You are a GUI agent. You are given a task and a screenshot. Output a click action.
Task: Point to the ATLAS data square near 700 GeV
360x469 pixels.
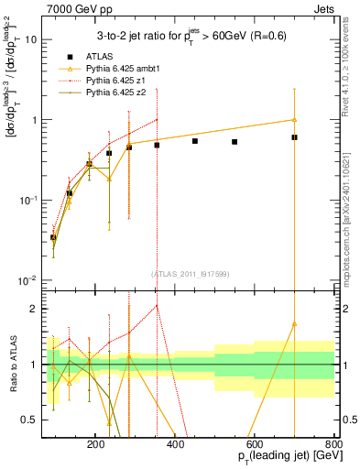[x=294, y=137]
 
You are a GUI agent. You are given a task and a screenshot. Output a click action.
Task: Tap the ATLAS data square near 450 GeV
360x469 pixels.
[x=195, y=141]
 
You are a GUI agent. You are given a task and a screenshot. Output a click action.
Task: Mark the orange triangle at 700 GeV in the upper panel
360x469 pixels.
[x=294, y=119]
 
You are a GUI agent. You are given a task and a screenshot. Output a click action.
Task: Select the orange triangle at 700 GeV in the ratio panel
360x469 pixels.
[x=294, y=323]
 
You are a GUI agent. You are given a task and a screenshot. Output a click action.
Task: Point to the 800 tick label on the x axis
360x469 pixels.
[x=333, y=443]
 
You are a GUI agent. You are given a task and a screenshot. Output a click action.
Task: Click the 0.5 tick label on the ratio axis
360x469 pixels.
[x=28, y=420]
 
